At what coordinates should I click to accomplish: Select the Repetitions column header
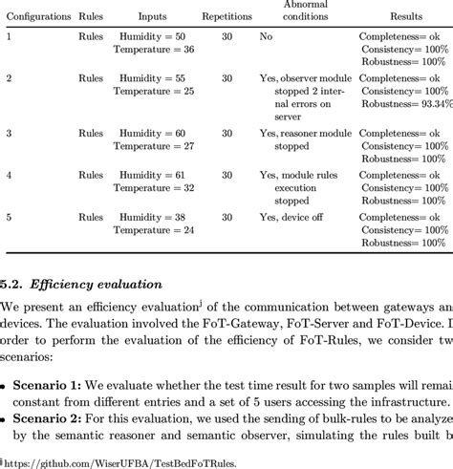pyautogui.click(x=227, y=16)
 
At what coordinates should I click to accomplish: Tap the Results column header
pyautogui.click(x=405, y=16)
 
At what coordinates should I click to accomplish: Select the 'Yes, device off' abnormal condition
pyautogui.click(x=292, y=219)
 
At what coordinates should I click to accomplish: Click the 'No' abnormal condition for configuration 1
pyautogui.click(x=266, y=34)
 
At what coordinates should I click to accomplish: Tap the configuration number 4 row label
pyautogui.click(x=10, y=176)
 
